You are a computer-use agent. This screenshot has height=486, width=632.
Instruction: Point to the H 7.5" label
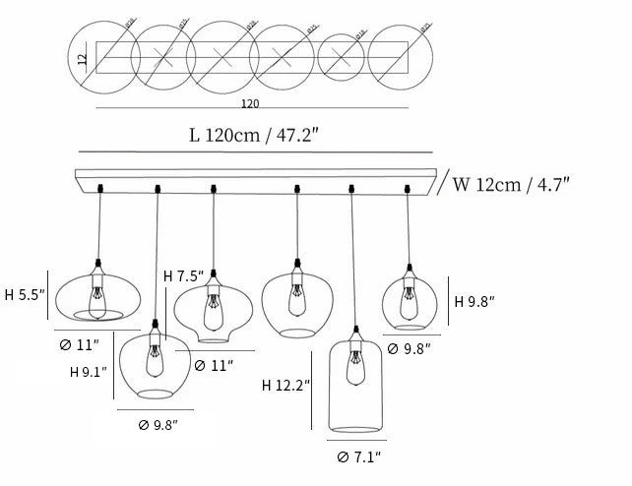[183, 276]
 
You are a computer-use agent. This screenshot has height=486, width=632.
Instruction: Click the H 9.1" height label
[90, 373]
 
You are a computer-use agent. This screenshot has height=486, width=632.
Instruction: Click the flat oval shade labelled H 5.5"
[92, 295]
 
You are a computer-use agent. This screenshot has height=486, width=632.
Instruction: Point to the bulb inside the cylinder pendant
[353, 370]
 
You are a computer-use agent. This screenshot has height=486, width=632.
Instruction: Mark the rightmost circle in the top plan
[402, 59]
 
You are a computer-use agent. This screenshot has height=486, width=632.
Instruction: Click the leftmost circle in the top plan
[100, 59]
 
